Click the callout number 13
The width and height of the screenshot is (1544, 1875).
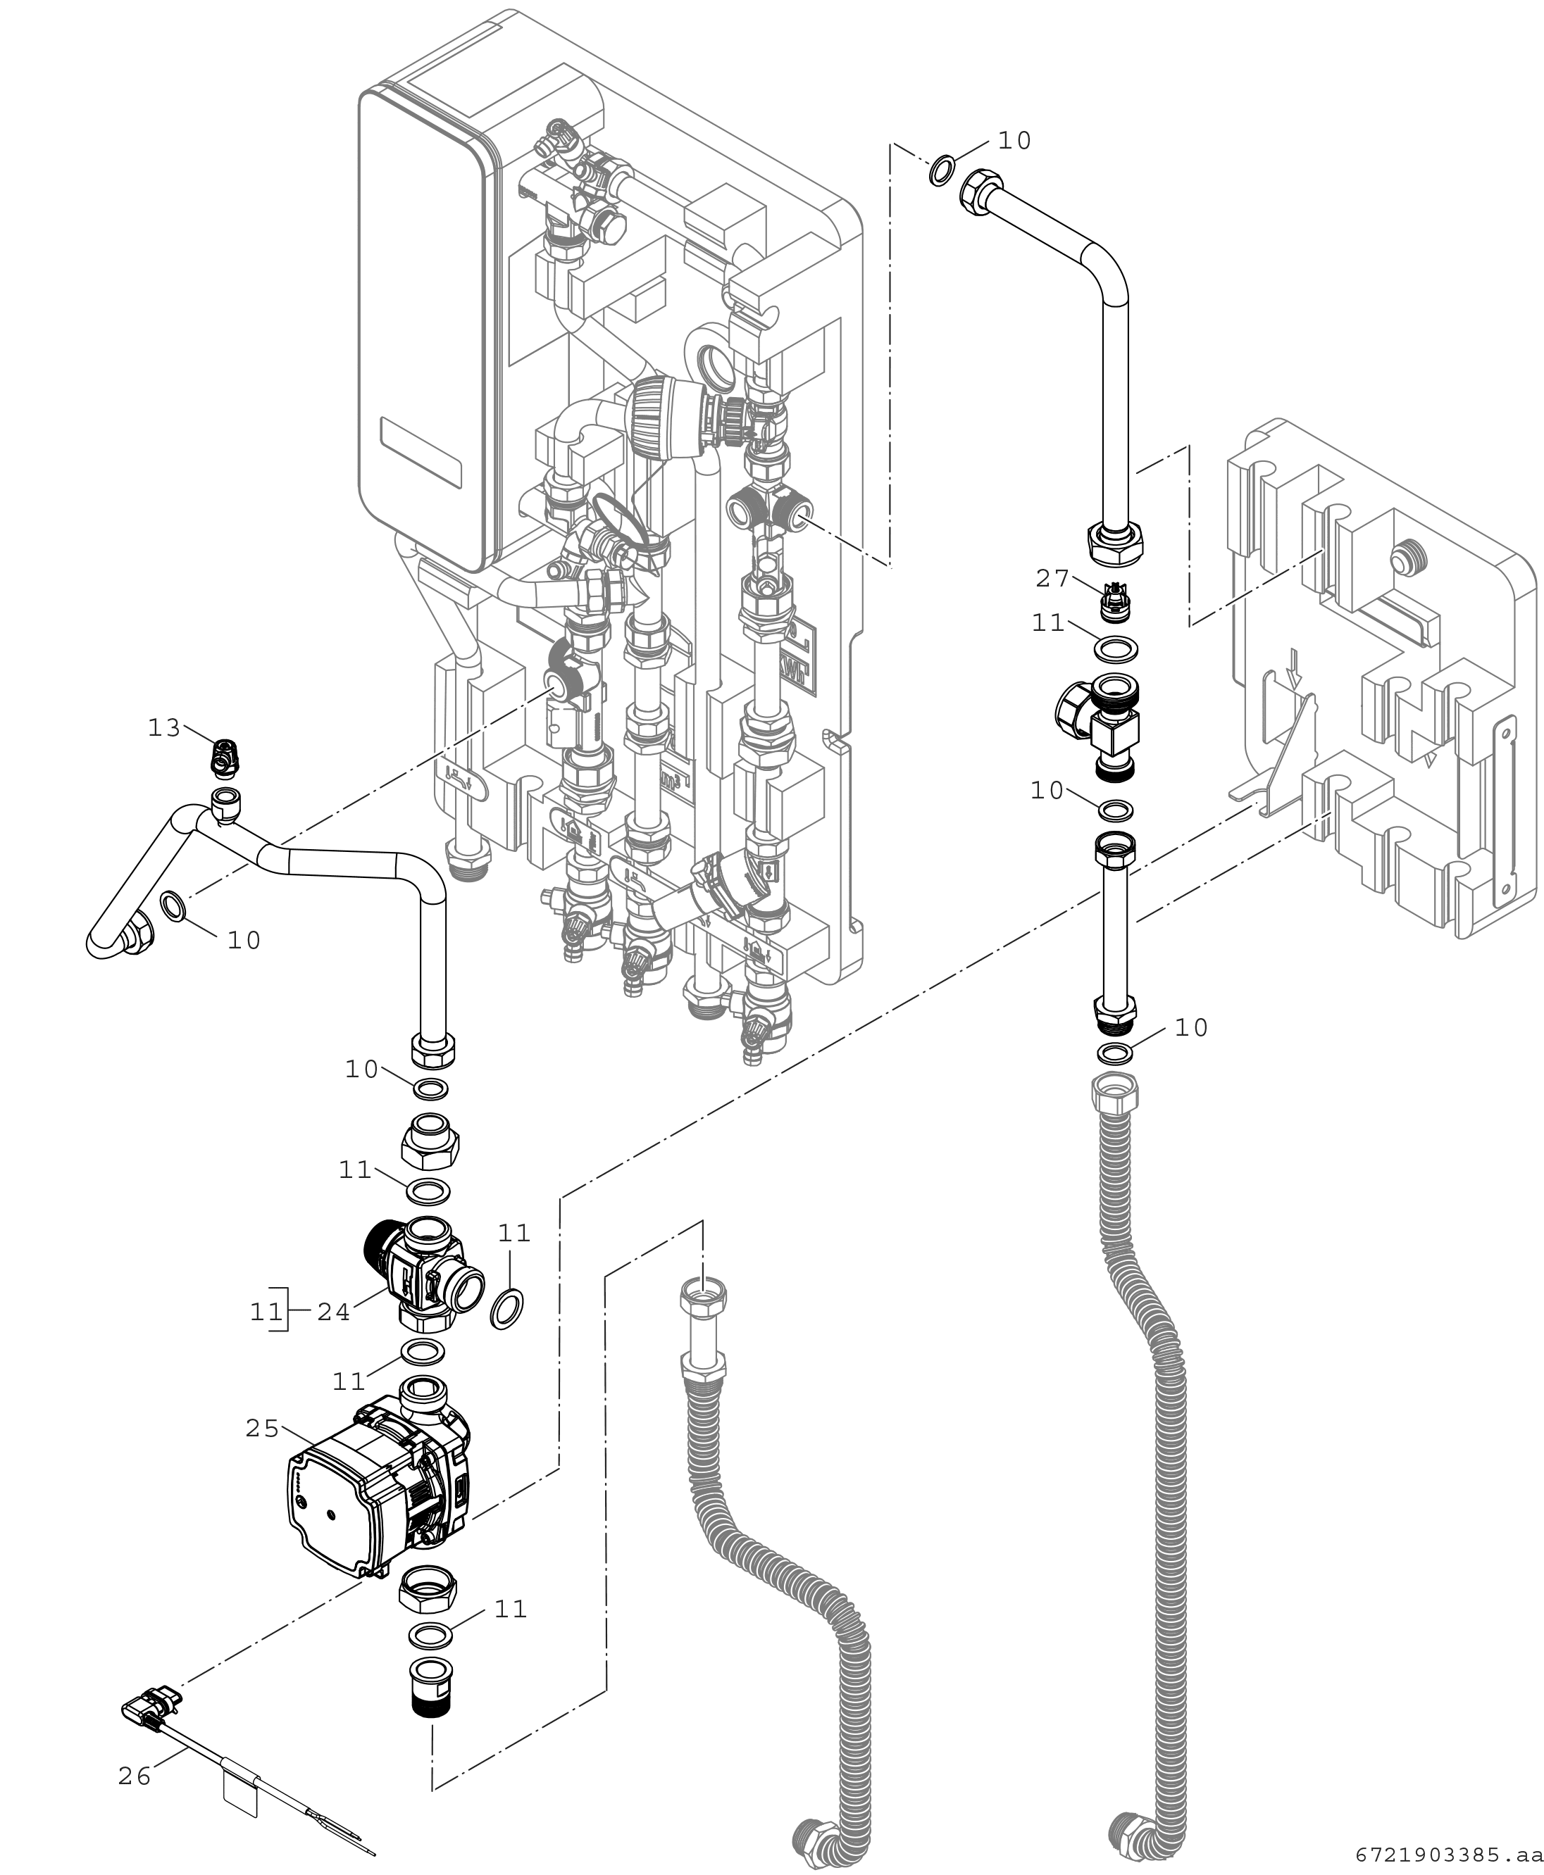[163, 728]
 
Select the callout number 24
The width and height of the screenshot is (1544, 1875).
[334, 1312]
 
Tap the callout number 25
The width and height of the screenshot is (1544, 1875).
[262, 1429]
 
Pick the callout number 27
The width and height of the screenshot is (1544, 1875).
[1052, 579]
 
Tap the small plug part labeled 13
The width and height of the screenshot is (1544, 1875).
[223, 757]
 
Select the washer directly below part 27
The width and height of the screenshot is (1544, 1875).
[1114, 650]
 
